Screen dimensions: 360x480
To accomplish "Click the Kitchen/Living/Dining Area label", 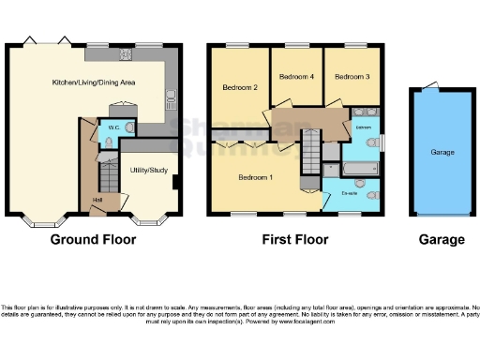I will point(94,82).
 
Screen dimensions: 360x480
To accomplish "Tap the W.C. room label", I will point(112,127).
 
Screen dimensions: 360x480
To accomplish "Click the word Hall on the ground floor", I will point(97,199).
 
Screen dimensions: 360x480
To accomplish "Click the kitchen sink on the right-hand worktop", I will point(172,95).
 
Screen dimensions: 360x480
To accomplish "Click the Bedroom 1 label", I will point(256,177).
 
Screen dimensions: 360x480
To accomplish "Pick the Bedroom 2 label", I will point(240,87).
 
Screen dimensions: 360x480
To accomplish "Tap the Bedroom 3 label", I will point(352,75).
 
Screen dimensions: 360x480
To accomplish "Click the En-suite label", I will point(352,194).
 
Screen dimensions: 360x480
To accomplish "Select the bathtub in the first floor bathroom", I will point(360,169).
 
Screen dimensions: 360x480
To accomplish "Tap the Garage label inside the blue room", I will point(442,152).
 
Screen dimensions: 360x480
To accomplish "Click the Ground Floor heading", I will point(93,240).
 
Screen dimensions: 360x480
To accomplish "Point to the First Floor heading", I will point(295,240).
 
